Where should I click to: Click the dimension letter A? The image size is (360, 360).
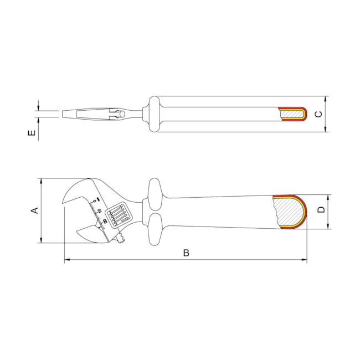[x=34, y=210]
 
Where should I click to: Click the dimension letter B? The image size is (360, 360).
[x=186, y=253]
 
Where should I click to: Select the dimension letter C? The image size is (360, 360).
[x=317, y=114]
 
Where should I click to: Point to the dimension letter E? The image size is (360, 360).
[x=32, y=133]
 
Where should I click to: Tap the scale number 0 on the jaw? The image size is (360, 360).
[x=96, y=199]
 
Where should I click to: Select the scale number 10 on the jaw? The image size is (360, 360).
[x=100, y=210]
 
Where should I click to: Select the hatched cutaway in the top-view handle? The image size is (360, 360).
[x=292, y=114]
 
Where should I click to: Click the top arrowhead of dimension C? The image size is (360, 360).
[x=326, y=98]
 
